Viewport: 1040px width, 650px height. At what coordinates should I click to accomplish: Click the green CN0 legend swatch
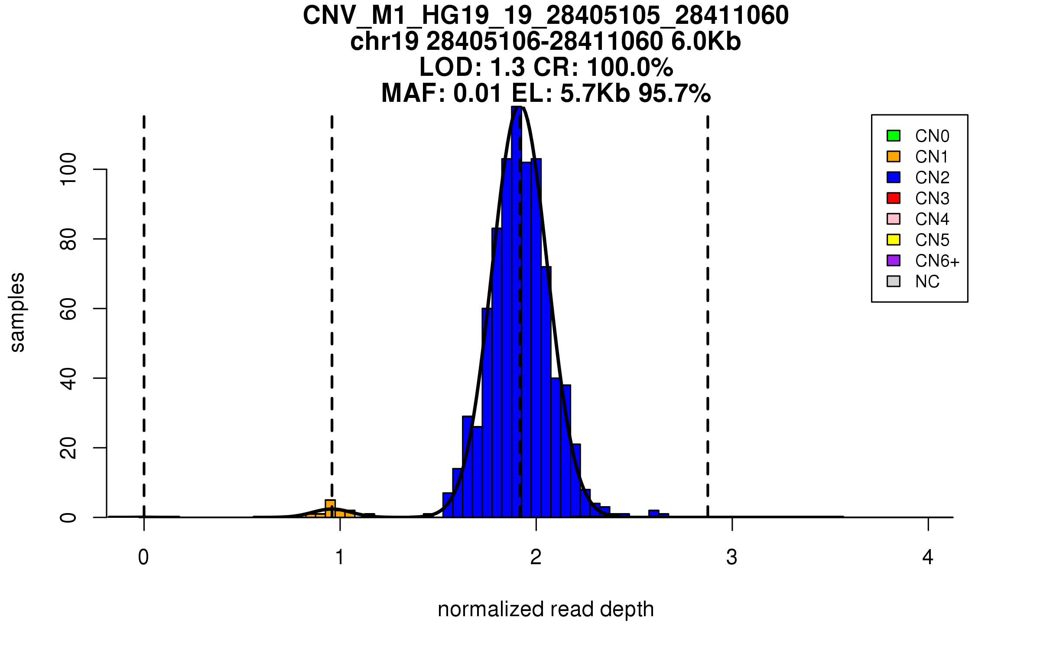click(x=894, y=136)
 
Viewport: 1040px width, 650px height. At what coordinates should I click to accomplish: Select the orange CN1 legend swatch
click(x=894, y=156)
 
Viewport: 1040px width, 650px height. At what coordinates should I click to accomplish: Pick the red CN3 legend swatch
click(x=894, y=198)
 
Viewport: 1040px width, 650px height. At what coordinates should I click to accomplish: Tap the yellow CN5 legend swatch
click(x=894, y=240)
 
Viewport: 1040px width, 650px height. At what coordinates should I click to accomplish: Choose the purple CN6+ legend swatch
click(x=894, y=260)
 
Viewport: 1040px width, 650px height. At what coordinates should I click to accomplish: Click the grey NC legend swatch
click(x=894, y=281)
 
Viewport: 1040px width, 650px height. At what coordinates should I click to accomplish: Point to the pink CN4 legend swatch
click(x=894, y=219)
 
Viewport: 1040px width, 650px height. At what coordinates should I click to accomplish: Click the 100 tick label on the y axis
click(x=68, y=169)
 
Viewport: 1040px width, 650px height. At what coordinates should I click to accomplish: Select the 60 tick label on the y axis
click(x=68, y=309)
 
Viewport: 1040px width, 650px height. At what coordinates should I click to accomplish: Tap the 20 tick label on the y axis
click(x=68, y=448)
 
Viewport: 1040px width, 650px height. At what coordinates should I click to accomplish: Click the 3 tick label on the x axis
click(x=732, y=557)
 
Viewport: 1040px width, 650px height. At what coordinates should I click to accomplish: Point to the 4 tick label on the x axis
click(x=928, y=557)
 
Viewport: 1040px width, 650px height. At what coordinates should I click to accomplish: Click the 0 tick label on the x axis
click(x=143, y=557)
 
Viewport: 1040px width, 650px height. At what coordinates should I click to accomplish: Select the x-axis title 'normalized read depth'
click(x=546, y=609)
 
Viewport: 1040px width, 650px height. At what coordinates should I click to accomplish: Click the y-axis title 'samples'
click(x=17, y=312)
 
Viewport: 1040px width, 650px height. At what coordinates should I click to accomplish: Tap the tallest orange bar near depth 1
click(x=330, y=509)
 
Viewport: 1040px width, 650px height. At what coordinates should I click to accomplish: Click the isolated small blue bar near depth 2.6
click(x=653, y=514)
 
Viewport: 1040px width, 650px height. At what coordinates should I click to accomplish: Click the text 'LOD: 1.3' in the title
click(x=472, y=68)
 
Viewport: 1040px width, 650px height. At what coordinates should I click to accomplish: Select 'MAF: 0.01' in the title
click(x=442, y=94)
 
